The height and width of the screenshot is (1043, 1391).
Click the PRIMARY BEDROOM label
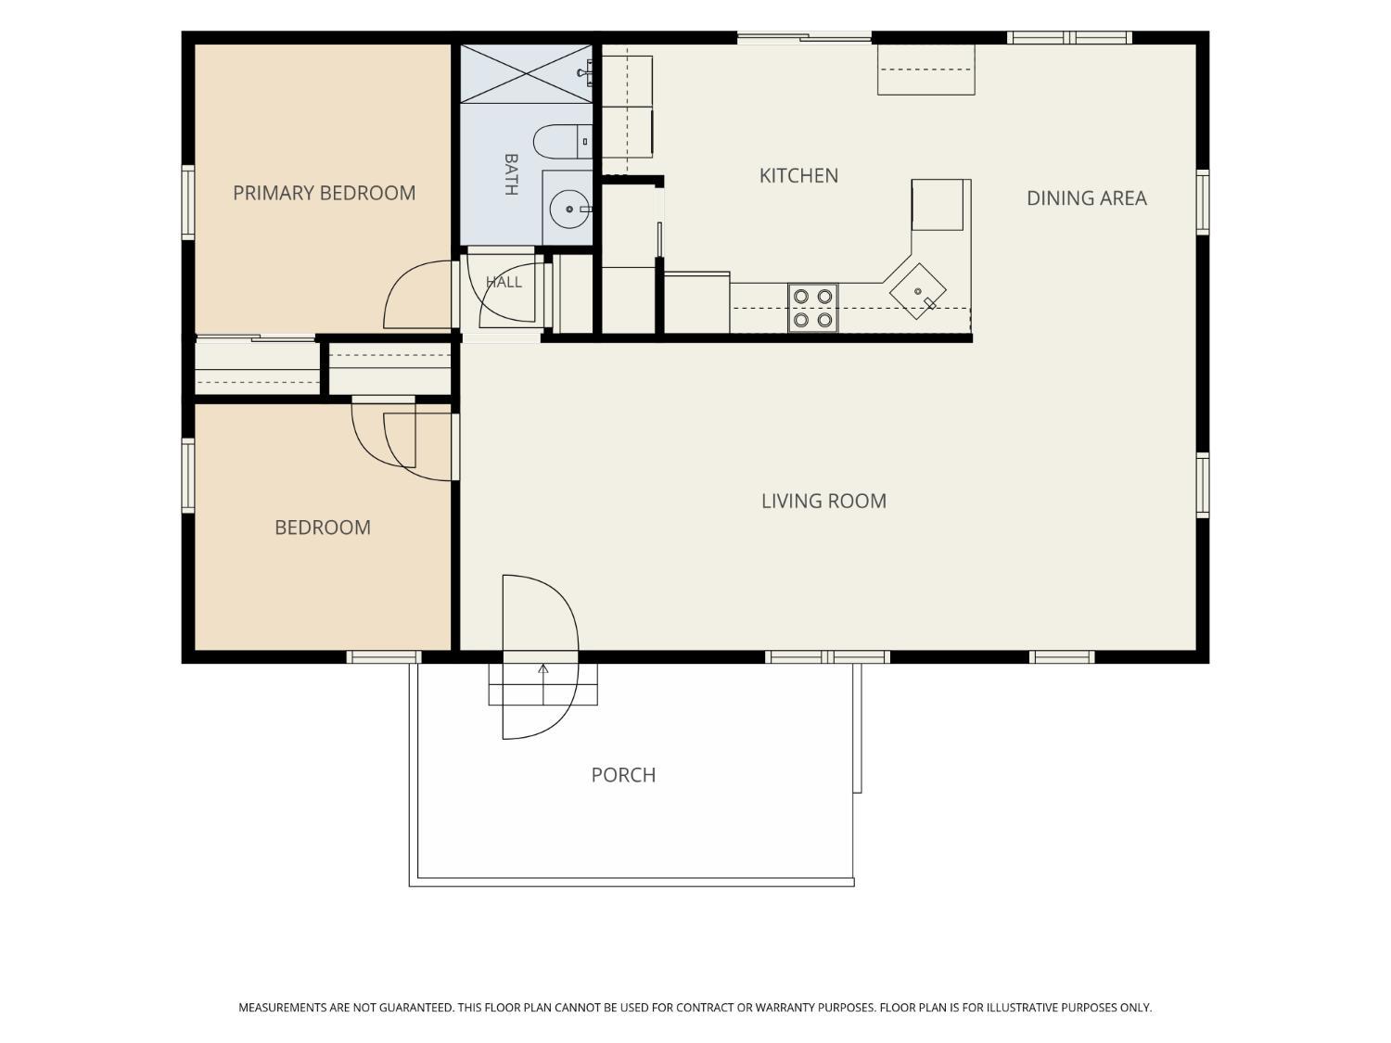click(324, 193)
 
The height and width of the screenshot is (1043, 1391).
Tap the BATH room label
click(511, 174)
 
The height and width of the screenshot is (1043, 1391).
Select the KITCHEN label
click(798, 175)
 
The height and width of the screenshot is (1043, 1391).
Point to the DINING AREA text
click(1086, 198)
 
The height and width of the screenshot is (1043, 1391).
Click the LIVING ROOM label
click(823, 501)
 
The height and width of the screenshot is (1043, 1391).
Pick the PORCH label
click(623, 774)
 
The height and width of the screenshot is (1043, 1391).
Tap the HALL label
click(504, 282)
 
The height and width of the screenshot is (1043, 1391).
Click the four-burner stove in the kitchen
click(813, 308)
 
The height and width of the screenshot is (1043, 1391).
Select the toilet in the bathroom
click(563, 141)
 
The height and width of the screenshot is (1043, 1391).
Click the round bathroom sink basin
click(569, 209)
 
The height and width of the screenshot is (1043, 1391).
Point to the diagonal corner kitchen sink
click(918, 291)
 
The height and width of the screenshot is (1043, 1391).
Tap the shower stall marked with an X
click(526, 73)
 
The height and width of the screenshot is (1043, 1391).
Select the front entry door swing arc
click(578, 656)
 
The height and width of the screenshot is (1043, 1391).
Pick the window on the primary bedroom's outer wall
click(188, 203)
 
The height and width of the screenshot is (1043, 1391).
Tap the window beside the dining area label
click(1202, 202)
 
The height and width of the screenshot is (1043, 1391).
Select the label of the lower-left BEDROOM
click(323, 528)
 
